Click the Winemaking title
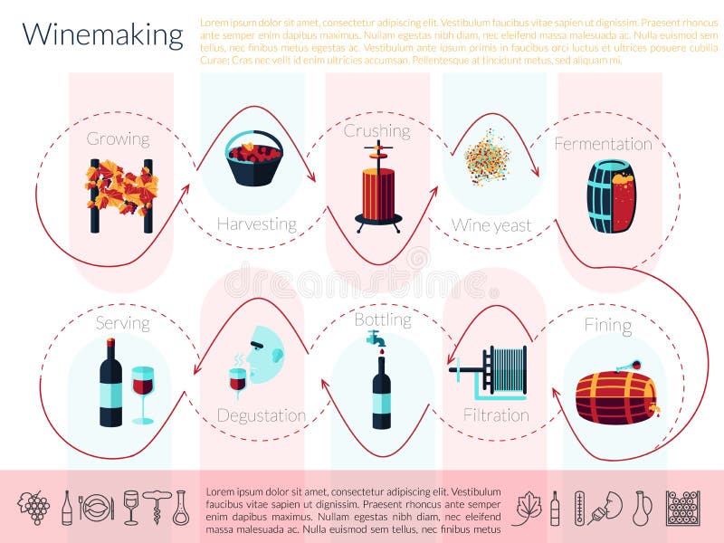(102, 34)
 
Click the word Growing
(118, 138)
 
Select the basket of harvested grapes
(253, 159)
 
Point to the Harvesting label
(256, 224)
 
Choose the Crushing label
(376, 130)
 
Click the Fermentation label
(603, 143)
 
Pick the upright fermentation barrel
(611, 196)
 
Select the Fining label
(608, 325)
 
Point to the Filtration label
(496, 415)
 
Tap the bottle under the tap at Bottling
(382, 391)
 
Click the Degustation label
(261, 415)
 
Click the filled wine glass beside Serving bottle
(143, 390)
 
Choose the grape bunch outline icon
(34, 508)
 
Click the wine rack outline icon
(682, 508)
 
